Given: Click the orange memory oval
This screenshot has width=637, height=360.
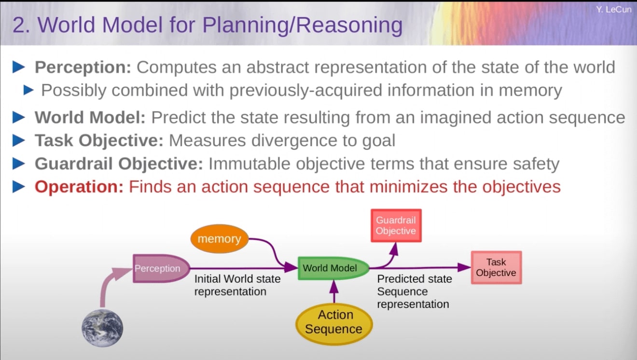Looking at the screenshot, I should [219, 239].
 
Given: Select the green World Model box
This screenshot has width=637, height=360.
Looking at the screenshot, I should [332, 268].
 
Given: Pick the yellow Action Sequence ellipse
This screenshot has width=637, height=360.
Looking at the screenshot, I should [333, 322].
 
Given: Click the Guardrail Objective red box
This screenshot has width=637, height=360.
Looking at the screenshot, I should [396, 225].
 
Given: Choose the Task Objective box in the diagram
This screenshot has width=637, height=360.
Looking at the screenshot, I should [496, 267].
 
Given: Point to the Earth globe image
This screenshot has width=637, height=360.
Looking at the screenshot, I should [102, 329].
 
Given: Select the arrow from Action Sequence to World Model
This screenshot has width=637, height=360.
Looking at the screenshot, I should [333, 291].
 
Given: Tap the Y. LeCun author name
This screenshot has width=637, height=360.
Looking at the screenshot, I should [613, 10].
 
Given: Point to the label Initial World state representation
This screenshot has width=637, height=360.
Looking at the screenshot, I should [237, 285].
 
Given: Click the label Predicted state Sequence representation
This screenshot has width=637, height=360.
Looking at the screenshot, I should [414, 291].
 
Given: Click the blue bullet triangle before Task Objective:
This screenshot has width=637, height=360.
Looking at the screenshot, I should [19, 140].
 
